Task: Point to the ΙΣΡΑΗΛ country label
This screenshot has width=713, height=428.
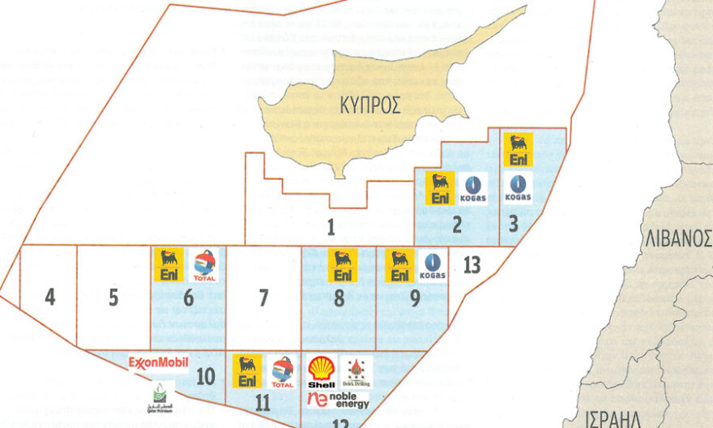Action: (x=613, y=419)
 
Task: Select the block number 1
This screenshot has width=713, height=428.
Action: (x=331, y=226)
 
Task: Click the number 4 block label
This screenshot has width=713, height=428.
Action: (x=50, y=297)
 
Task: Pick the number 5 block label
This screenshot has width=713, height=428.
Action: (x=113, y=297)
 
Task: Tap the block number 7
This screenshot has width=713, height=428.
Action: (x=263, y=297)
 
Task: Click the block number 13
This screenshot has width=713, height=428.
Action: (x=472, y=263)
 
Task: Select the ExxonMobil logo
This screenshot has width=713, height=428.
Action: (x=159, y=362)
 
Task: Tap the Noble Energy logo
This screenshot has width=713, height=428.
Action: (x=338, y=399)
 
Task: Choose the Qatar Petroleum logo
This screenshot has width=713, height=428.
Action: (x=163, y=395)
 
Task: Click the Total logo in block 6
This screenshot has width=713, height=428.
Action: (x=205, y=265)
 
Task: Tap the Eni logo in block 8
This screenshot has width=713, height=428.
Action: (x=343, y=265)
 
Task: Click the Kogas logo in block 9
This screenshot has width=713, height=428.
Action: (x=433, y=265)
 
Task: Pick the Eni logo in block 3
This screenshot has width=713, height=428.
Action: (x=519, y=150)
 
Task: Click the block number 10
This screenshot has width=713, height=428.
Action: (x=204, y=376)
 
